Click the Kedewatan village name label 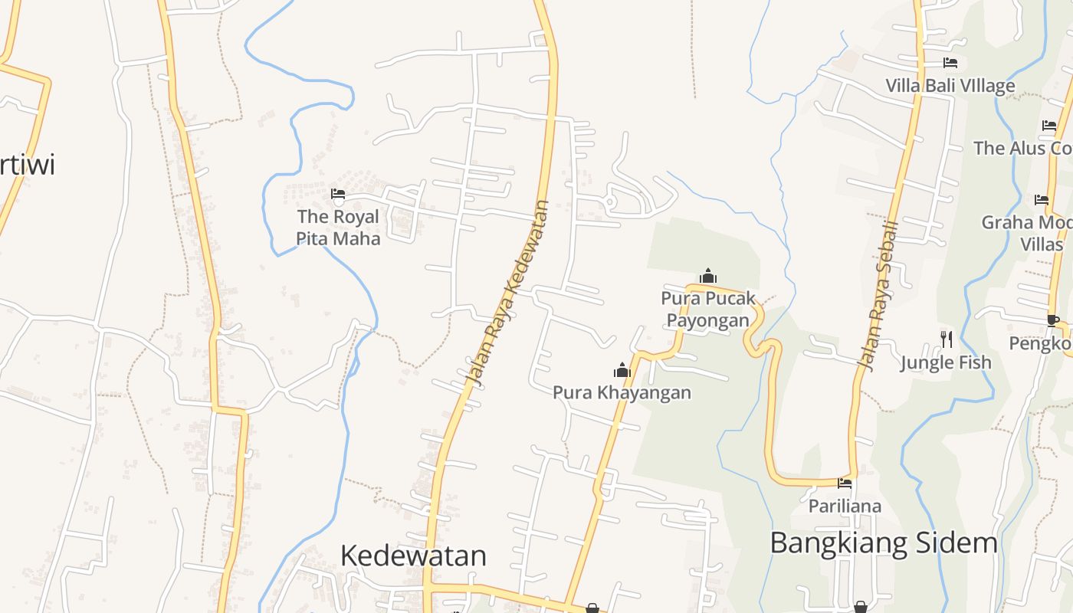pos(413,556)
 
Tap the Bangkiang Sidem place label pos(884,543)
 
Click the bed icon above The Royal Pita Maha pos(338,194)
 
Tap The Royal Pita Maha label pos(338,228)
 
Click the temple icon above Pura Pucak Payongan pos(708,276)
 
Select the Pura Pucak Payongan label pos(708,309)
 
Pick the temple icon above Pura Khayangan pos(622,371)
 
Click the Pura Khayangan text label pos(622,393)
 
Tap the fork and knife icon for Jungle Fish pos(947,339)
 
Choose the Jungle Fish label pos(946,362)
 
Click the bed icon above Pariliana pos(845,483)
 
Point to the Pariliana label pos(845,506)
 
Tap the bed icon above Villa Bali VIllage pos(950,63)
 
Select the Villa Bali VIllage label pos(950,86)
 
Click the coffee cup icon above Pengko pos(1053,320)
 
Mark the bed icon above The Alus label pos(1049,126)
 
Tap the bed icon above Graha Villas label pos(1041,200)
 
